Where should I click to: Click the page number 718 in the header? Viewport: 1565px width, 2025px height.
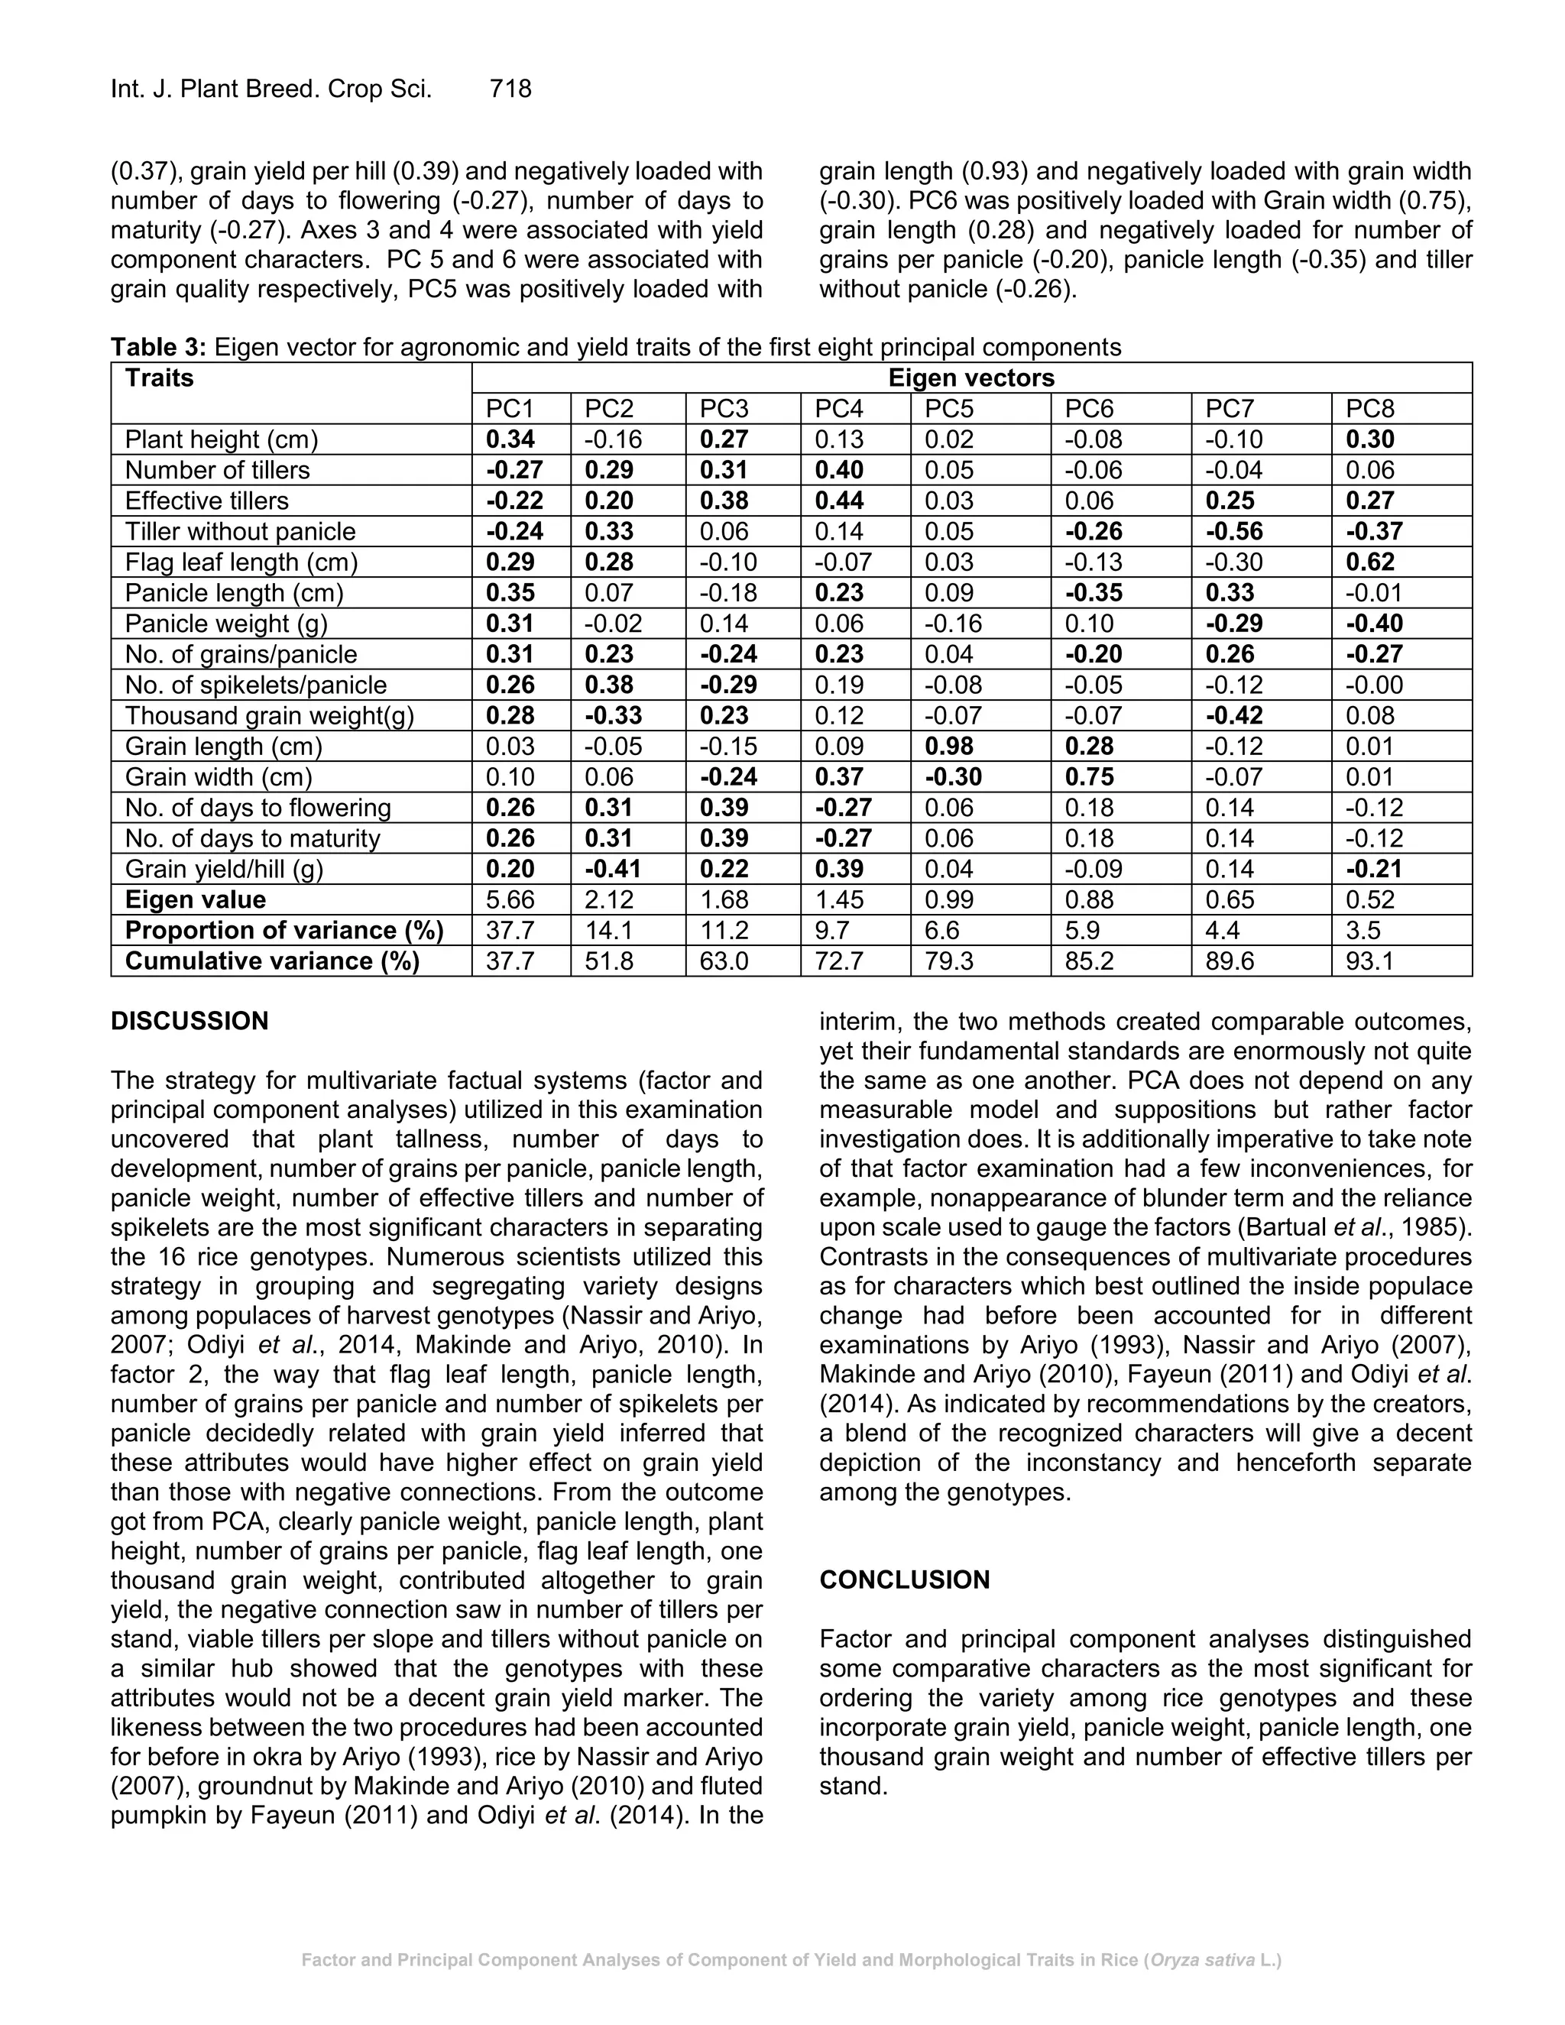[510, 89]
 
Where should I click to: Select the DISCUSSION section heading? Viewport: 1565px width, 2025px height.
[190, 1021]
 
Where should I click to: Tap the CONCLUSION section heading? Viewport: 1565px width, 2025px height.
[904, 1580]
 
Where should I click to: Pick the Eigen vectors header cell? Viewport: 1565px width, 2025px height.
[970, 378]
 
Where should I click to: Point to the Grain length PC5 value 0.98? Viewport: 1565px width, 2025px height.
[951, 747]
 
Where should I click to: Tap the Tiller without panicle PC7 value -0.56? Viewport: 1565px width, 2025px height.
[1233, 531]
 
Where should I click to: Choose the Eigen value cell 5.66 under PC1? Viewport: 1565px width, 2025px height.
[510, 899]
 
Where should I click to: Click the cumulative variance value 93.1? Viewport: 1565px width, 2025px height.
[1369, 961]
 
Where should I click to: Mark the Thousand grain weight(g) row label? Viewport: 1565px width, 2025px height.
[269, 716]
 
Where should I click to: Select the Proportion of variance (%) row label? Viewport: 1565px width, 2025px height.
[284, 930]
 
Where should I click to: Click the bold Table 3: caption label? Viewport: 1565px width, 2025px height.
[157, 348]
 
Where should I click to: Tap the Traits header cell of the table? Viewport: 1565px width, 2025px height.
[160, 378]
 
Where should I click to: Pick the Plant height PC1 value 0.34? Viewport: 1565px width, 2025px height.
[510, 439]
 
